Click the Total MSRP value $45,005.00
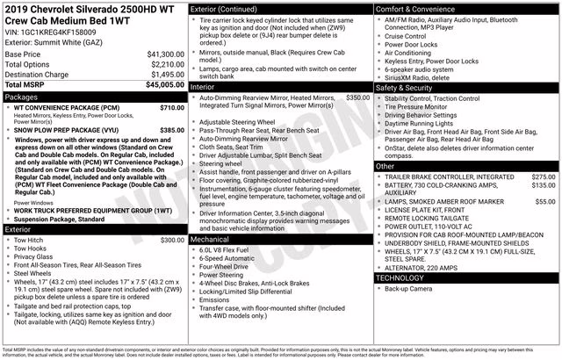coord(165,85)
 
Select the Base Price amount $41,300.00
coord(165,54)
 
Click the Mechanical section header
coord(210,239)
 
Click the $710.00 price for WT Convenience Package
coord(172,107)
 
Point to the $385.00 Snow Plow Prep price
coord(172,130)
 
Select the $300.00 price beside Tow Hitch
coord(172,240)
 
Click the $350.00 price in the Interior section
coord(358,97)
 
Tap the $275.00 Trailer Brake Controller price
coord(544,176)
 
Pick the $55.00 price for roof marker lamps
coord(545,202)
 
